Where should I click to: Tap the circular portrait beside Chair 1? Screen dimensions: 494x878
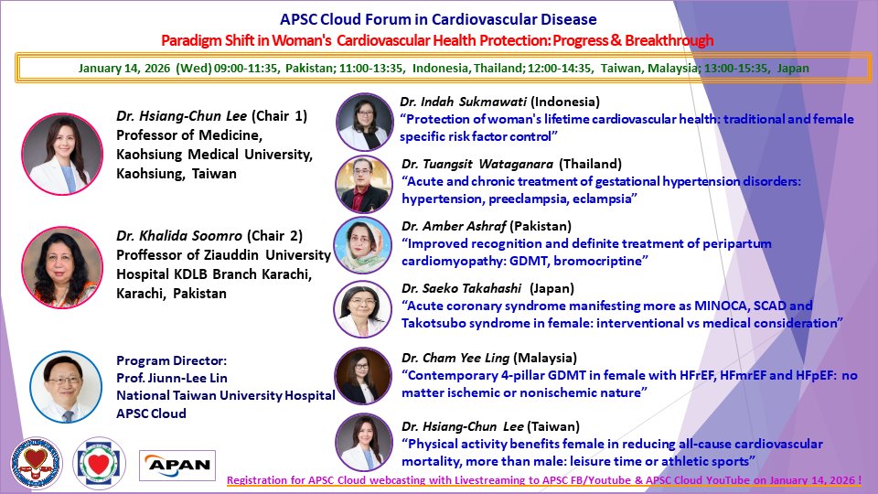[62, 154]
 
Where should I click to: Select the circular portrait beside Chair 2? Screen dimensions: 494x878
[62, 267]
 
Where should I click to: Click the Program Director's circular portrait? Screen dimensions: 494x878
[63, 386]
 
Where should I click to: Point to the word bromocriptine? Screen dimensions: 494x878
[606, 261]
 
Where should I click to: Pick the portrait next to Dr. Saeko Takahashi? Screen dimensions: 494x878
[364, 306]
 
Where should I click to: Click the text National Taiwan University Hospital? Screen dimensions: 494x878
[225, 396]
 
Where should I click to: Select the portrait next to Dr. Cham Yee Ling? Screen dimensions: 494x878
[364, 375]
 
